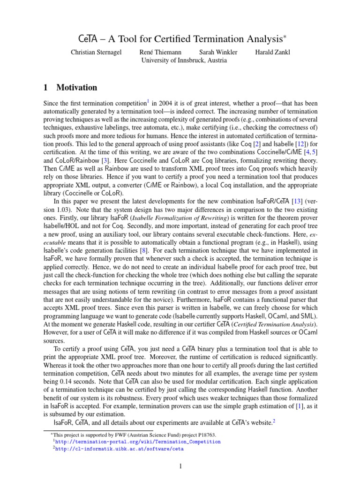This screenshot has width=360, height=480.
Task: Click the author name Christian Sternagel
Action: [x=96, y=52]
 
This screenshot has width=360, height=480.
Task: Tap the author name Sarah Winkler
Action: [x=218, y=52]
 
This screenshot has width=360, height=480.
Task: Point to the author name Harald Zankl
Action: [x=272, y=52]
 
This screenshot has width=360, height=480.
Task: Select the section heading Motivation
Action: [x=77, y=87]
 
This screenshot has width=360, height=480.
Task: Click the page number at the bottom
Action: [x=180, y=466]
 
